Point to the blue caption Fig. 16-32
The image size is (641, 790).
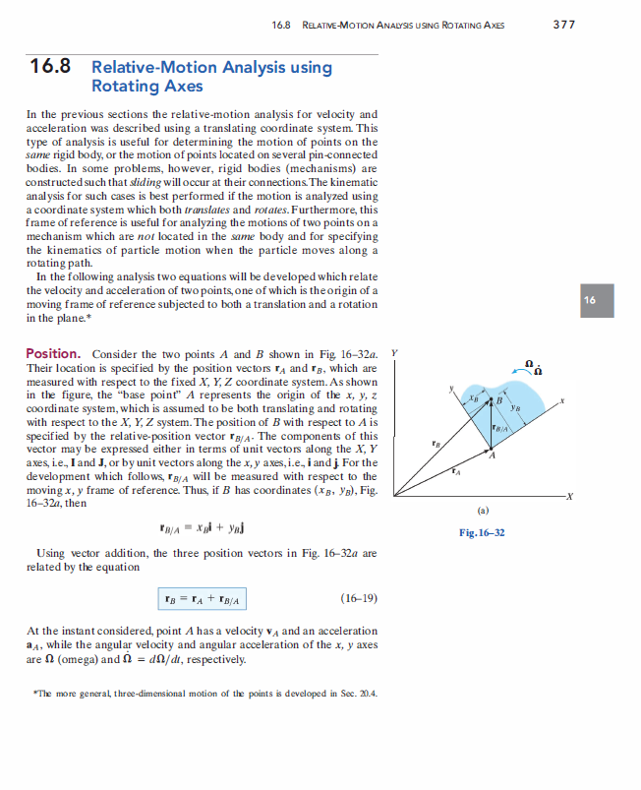tap(481, 532)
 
